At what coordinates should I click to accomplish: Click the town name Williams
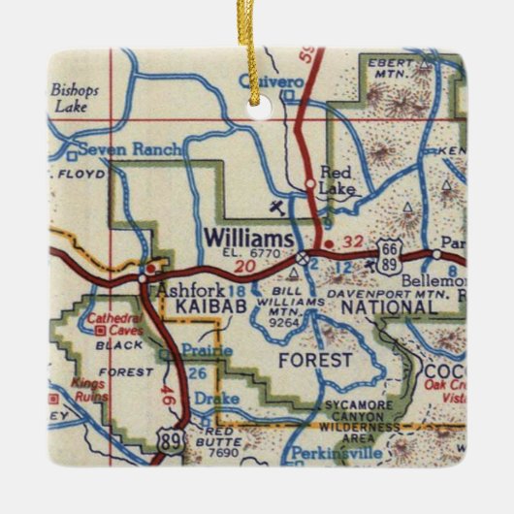point(248,238)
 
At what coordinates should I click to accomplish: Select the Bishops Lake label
point(74,99)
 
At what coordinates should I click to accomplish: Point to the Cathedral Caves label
point(114,324)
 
